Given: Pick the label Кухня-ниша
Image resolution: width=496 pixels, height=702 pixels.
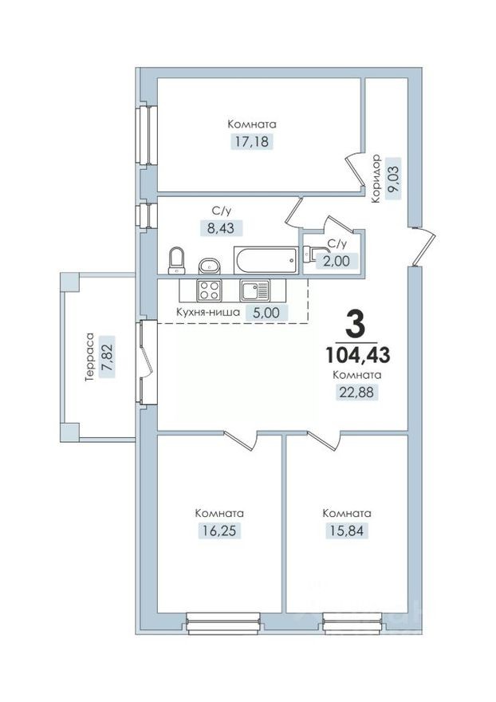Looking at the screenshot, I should pyautogui.click(x=208, y=314).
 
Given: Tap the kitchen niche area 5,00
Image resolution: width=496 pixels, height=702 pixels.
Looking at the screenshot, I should pyautogui.click(x=266, y=314).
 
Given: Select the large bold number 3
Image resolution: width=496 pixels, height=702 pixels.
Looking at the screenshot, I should pyautogui.click(x=356, y=325).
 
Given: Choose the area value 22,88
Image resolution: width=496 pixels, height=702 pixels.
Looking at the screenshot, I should pyautogui.click(x=356, y=392).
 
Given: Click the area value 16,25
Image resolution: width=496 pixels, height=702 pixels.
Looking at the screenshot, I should pyautogui.click(x=219, y=530).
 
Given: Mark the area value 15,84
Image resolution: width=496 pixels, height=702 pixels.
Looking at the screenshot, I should pyautogui.click(x=346, y=530).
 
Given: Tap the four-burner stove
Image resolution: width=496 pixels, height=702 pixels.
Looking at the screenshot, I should pyautogui.click(x=209, y=290).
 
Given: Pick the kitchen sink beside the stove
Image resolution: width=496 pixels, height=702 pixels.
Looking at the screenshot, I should pyautogui.click(x=254, y=290).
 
